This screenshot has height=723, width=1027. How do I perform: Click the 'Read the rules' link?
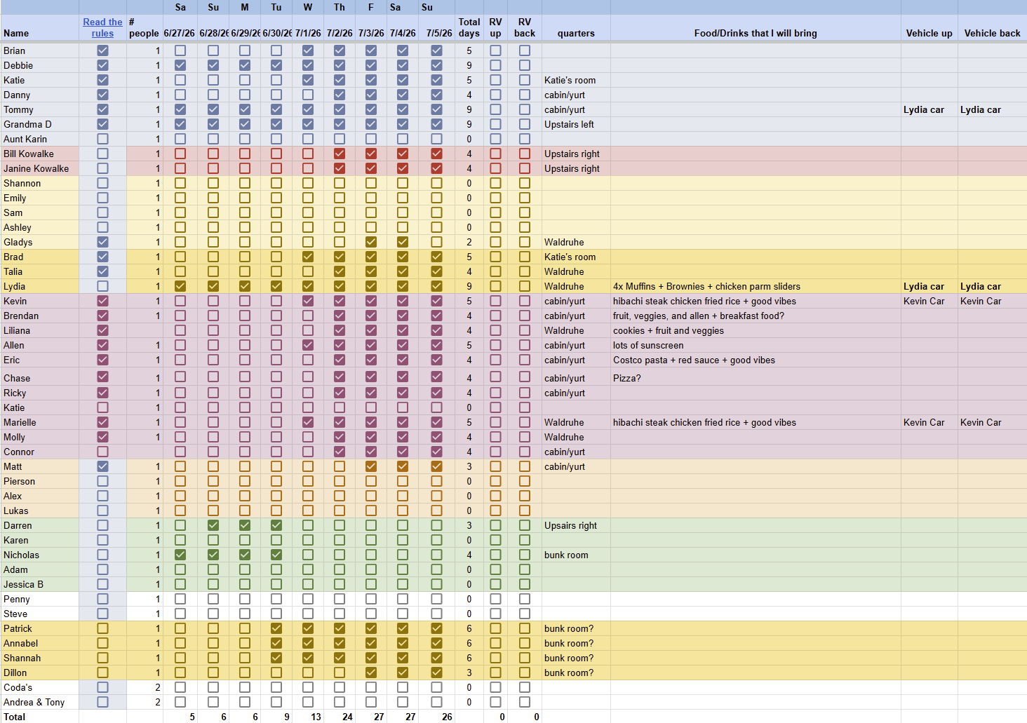(102, 27)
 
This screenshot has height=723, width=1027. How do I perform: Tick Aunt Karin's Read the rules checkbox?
(102, 139)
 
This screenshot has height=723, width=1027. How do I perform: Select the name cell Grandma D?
(27, 124)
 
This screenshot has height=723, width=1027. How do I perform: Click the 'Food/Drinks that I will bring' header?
(756, 33)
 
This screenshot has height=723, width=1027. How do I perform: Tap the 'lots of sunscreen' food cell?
(648, 345)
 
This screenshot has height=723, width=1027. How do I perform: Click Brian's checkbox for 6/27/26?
(180, 50)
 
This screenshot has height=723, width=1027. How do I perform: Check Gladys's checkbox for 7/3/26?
(371, 242)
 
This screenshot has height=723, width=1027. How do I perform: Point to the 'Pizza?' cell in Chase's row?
(626, 378)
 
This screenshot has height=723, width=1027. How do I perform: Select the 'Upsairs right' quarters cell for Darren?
(570, 525)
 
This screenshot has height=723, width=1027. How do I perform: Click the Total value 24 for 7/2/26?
(347, 717)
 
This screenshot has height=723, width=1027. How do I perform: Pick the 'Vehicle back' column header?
(992, 33)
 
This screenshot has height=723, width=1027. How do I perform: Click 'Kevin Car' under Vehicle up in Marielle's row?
(924, 422)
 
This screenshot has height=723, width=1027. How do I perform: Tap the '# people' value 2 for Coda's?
(158, 687)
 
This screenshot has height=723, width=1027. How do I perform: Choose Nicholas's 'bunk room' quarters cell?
(566, 555)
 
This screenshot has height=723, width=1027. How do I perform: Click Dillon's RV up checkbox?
(495, 673)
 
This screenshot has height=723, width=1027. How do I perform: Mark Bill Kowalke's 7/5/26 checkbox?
(436, 154)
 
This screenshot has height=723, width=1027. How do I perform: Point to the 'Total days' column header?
(469, 27)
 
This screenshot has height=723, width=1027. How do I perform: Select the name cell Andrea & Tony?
(34, 702)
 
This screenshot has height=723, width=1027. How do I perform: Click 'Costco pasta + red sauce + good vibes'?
(694, 360)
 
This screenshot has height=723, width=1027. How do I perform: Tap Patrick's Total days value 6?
(469, 628)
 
